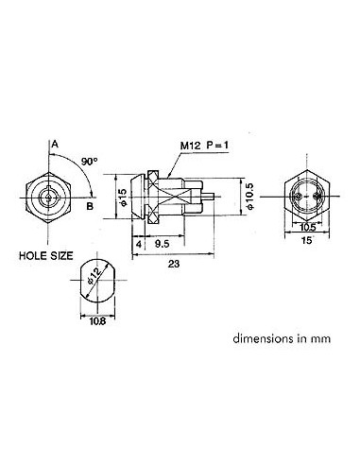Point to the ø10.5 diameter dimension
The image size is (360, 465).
coord(248,198)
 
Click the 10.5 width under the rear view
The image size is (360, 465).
coord(308,228)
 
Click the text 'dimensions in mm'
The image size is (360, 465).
coord(274,336)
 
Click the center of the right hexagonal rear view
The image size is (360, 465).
coord(307,196)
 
